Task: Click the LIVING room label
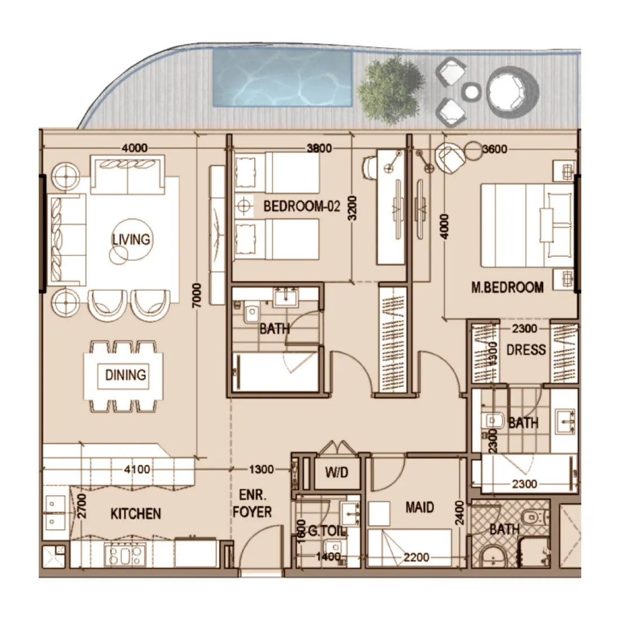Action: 131,239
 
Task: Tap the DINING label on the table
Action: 125,375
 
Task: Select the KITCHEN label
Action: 135,513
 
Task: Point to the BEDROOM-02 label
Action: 302,206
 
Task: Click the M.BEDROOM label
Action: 507,287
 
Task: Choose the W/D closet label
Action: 336,472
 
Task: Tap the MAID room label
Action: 420,507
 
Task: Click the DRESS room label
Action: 525,350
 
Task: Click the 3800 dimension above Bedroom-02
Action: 318,149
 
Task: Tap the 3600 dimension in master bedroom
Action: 495,149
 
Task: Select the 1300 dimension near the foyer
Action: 261,469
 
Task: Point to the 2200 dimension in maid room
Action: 417,557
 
